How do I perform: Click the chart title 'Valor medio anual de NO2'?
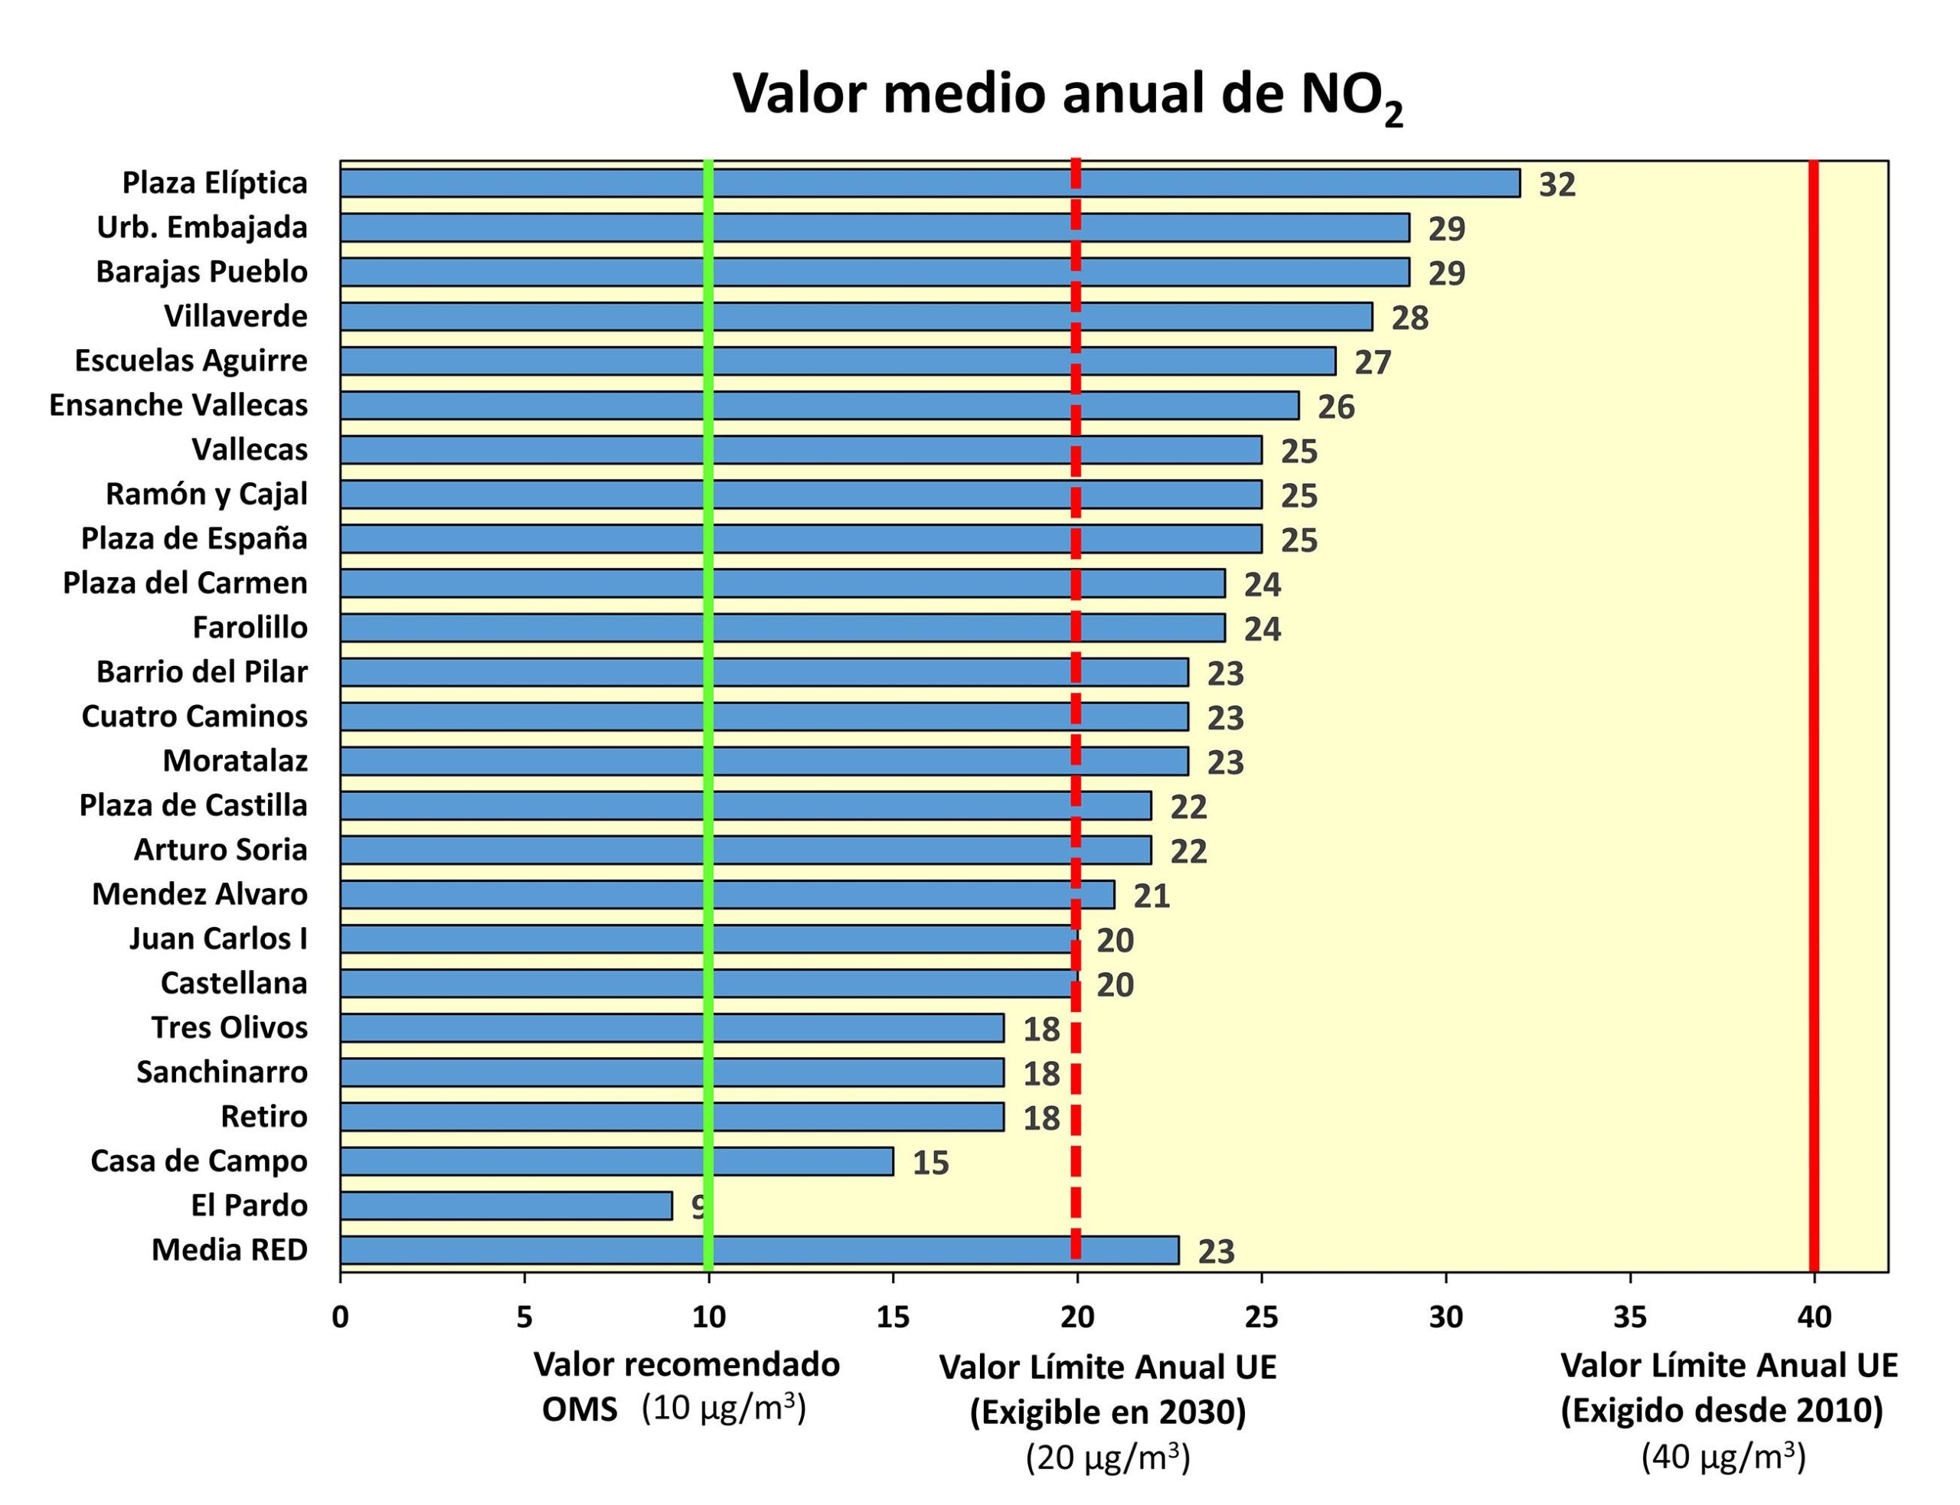1066,95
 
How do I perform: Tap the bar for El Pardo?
505,1205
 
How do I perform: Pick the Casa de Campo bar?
616,1161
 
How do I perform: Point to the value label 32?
1556,184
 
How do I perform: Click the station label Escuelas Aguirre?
191,360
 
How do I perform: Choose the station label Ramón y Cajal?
206,494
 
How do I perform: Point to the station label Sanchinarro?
221,1072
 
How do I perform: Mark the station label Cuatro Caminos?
194,716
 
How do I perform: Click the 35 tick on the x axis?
1629,1317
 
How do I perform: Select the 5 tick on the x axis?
524,1317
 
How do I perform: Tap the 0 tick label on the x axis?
341,1317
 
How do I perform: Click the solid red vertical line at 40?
1813,717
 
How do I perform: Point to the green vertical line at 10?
708,717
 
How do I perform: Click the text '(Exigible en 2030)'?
1107,1412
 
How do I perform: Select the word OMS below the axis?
580,1410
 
